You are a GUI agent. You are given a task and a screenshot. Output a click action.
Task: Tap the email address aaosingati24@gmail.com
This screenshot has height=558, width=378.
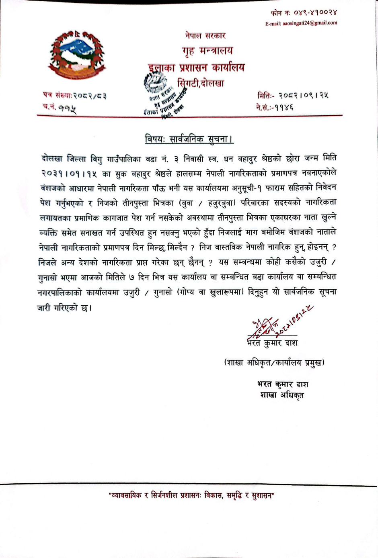pyautogui.click(x=301, y=23)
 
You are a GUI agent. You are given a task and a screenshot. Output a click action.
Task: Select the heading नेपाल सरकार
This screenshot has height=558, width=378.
pyautogui.click(x=205, y=36)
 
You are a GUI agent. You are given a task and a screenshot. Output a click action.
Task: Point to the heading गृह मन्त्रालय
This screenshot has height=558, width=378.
pyautogui.click(x=207, y=51)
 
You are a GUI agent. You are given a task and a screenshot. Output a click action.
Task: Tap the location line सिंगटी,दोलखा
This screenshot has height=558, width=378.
pyautogui.click(x=201, y=83)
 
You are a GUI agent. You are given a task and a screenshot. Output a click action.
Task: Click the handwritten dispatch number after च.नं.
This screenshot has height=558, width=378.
pyautogui.click(x=67, y=108)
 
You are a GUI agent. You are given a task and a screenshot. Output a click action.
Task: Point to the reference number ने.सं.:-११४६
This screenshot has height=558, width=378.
pyautogui.click(x=275, y=107)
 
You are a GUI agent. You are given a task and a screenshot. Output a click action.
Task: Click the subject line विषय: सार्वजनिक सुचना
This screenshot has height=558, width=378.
pyautogui.click(x=189, y=139)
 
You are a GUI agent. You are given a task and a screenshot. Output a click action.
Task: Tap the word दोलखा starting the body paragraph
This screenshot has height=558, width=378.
pyautogui.click(x=52, y=158)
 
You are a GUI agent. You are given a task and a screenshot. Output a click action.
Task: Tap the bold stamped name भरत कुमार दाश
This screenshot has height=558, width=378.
pyautogui.click(x=283, y=384)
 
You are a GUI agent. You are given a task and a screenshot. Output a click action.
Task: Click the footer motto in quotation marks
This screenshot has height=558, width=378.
pyautogui.click(x=191, y=496)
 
